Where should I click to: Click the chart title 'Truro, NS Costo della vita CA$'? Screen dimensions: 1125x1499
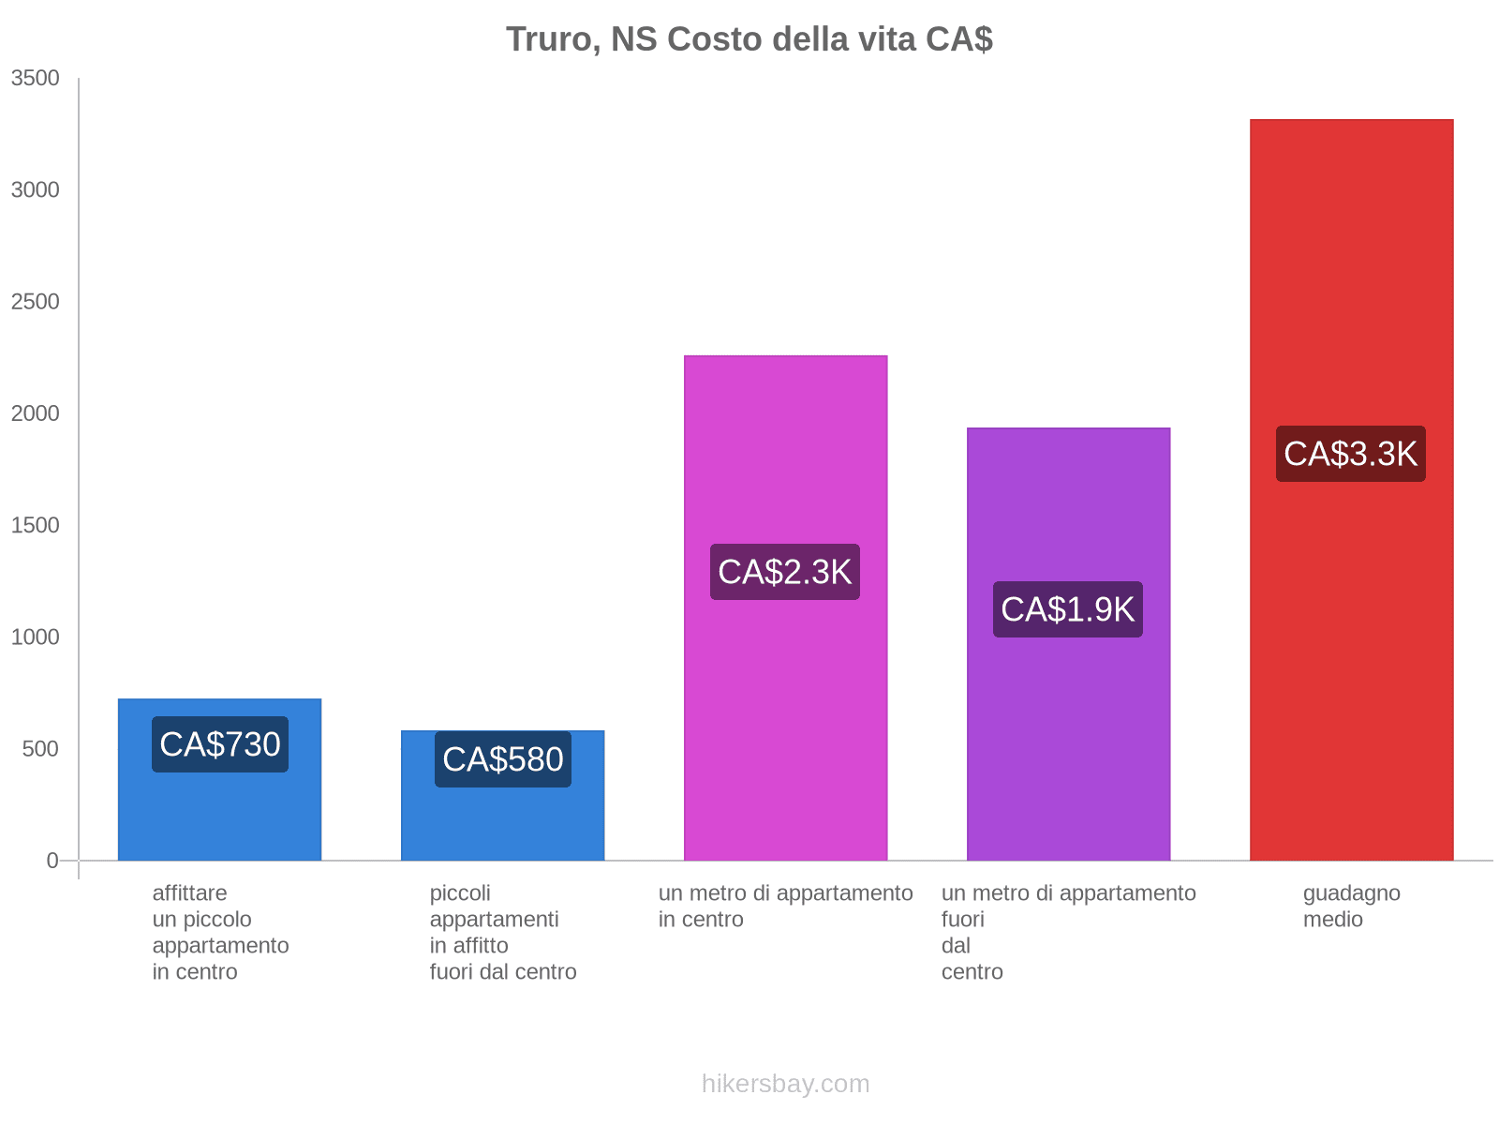click(749, 39)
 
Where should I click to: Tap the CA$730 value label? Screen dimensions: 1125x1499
click(220, 744)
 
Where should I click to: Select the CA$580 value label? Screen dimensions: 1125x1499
click(503, 759)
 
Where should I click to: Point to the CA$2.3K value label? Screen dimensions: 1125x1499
click(785, 572)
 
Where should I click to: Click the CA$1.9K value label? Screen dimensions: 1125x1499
click(1068, 609)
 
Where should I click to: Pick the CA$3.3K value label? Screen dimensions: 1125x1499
click(1351, 454)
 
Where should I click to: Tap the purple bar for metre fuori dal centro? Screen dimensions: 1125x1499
click(1068, 750)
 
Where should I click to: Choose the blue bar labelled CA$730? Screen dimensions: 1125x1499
click(220, 816)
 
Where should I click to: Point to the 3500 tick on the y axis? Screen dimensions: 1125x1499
click(36, 79)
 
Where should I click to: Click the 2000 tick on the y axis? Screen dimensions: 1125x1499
click(36, 413)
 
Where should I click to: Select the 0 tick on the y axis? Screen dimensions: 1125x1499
click(52, 861)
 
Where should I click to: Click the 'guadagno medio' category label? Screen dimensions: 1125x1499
click(1351, 907)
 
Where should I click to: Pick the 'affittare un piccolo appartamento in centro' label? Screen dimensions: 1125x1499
click(220, 932)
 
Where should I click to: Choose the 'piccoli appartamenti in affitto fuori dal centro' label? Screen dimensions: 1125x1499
click(503, 932)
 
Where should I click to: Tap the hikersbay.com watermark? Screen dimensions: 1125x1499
click(785, 1084)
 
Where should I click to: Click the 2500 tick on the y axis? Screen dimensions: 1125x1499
click(36, 302)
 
